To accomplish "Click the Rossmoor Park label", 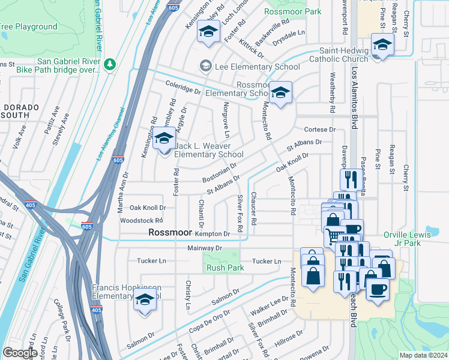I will point(292,11).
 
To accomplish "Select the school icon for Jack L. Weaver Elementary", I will point(163,140).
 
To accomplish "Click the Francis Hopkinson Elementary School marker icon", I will point(144,299).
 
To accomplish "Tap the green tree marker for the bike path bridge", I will point(109,63).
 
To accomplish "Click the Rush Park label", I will point(225,268).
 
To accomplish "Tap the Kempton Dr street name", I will point(212,233).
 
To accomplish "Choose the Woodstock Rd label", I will point(142,220).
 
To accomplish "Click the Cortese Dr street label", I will point(319,130).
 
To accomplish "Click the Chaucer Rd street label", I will point(254,209).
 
